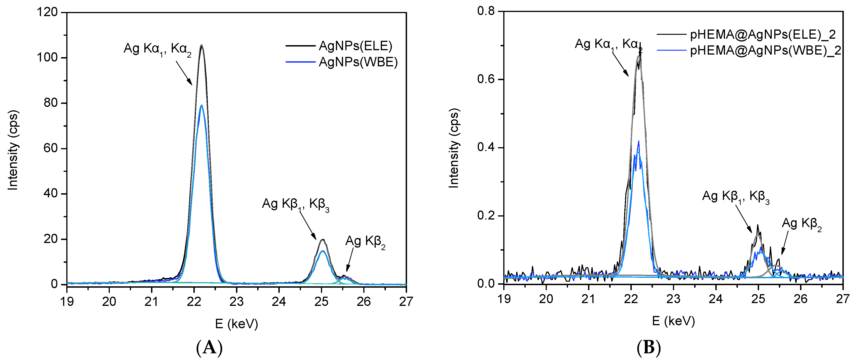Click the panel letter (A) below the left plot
click(210, 348)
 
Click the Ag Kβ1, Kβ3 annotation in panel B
click(735, 197)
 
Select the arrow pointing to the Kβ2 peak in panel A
click(350, 260)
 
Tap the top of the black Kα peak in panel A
click(201, 45)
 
